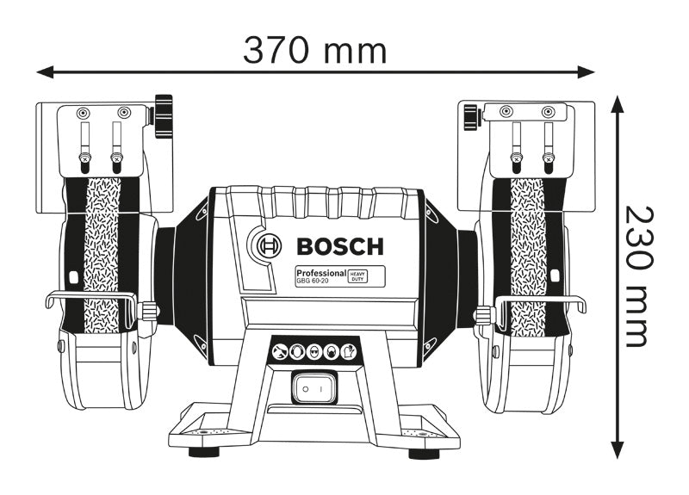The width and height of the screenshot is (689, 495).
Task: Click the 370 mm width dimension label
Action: (314, 50)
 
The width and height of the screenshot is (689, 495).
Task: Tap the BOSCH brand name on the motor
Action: (339, 247)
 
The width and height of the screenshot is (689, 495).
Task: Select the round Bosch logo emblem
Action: (267, 245)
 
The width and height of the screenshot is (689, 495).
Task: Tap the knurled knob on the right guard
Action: (469, 117)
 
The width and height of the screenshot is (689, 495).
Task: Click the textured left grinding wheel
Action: (102, 258)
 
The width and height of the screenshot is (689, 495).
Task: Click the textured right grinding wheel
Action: (527, 258)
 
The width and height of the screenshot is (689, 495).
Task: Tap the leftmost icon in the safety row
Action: (279, 351)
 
